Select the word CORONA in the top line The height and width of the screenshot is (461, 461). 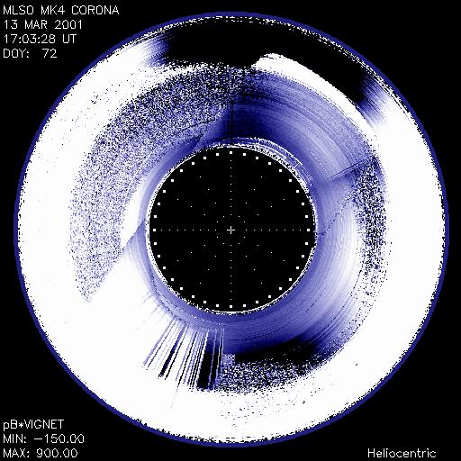95,11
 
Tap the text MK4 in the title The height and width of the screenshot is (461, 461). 53,11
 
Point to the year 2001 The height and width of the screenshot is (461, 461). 68,24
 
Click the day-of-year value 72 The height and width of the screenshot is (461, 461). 50,53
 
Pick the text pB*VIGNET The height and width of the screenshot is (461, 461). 33,425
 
